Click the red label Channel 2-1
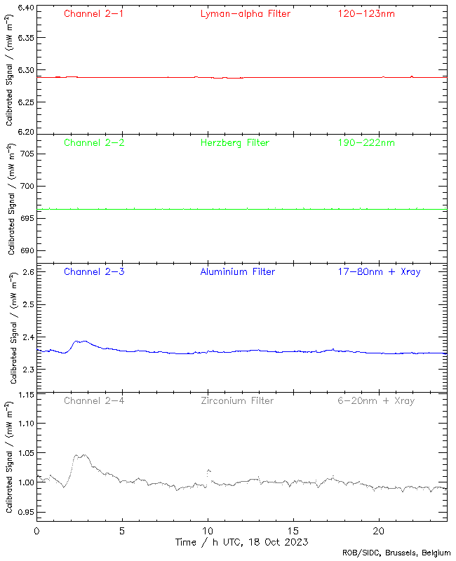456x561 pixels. (94, 14)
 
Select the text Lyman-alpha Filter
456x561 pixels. (245, 14)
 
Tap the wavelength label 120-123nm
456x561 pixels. (366, 14)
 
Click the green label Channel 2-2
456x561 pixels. (94, 143)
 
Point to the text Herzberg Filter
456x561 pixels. (234, 143)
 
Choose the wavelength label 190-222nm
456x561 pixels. (366, 143)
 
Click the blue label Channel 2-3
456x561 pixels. (94, 272)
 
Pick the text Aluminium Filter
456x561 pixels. (237, 272)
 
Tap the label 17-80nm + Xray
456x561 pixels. (379, 272)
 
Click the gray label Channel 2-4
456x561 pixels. (94, 401)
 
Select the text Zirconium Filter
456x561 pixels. (237, 401)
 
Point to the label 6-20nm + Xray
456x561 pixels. (376, 401)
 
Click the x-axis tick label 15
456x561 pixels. (293, 532)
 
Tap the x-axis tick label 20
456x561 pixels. (379, 532)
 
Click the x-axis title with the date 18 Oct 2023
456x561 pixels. (242, 542)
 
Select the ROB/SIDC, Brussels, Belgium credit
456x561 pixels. (396, 553)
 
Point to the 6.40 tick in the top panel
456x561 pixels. (24, 8)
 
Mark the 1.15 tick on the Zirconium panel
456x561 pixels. (24, 395)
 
